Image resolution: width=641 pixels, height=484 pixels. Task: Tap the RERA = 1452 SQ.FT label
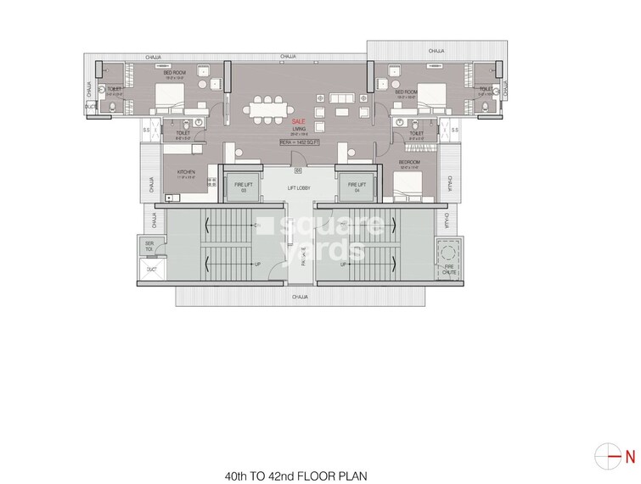tap(297, 142)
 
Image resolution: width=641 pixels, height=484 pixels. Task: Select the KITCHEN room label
tap(187, 173)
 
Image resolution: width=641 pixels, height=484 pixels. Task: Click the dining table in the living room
tap(269, 108)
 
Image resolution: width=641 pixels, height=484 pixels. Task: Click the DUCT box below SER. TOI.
tap(152, 269)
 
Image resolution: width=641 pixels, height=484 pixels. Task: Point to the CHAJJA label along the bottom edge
tap(299, 298)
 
